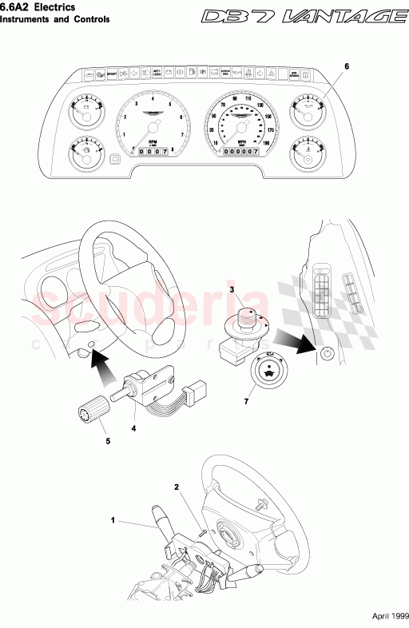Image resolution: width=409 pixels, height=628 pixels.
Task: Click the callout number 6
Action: [346, 66]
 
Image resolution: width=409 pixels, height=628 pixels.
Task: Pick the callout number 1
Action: [113, 520]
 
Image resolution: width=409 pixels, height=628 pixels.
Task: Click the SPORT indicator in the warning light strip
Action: [113, 74]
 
